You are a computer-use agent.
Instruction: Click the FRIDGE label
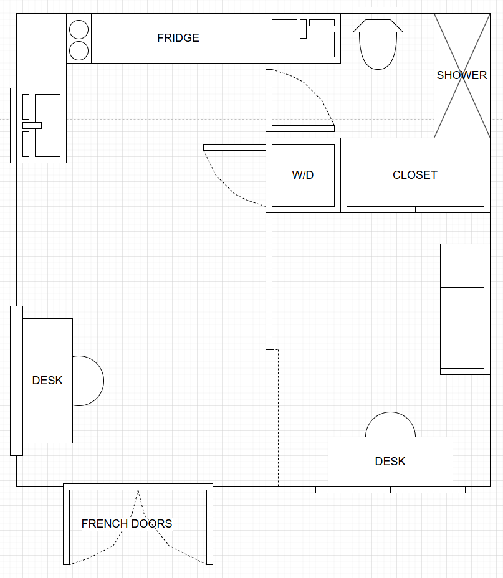[178, 38]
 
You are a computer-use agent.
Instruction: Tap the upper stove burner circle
[79, 29]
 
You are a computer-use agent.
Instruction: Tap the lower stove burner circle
[79, 50]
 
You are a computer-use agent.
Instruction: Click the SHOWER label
[462, 75]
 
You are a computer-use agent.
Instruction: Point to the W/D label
[303, 175]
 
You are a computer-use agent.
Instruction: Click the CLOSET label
[415, 175]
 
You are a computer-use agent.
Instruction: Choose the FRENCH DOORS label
[127, 523]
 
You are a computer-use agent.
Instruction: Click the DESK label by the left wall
[47, 381]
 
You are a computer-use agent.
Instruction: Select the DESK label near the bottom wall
[390, 461]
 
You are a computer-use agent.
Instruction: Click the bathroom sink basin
[303, 45]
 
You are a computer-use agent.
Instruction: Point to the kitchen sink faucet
[32, 125]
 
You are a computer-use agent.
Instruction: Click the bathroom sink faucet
[303, 29]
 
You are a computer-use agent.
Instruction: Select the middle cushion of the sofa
[462, 309]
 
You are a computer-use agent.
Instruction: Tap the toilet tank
[378, 26]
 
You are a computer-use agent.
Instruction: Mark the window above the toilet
[378, 11]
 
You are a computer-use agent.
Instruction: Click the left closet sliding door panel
[381, 209]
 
